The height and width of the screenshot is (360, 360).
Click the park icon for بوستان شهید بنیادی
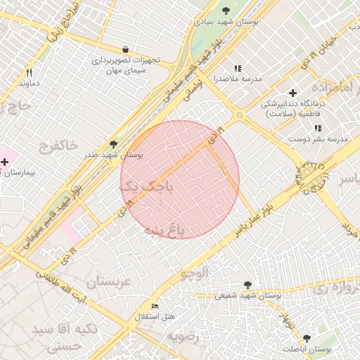226,11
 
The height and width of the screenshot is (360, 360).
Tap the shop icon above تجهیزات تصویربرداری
125,49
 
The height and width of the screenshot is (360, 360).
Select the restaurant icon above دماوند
29,72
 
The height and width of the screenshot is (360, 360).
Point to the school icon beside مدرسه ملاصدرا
238,68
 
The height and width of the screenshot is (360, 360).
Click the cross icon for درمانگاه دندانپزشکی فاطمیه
293,93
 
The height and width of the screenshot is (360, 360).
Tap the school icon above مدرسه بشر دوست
318,129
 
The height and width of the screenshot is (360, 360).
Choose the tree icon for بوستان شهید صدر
114,143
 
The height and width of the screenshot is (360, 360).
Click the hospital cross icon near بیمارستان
5,162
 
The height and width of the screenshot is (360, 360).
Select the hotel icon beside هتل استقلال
155,307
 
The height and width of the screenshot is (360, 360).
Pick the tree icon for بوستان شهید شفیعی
247,285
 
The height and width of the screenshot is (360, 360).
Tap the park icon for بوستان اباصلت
306,337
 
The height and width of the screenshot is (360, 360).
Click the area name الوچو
194,273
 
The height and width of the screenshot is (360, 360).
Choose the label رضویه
183,335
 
